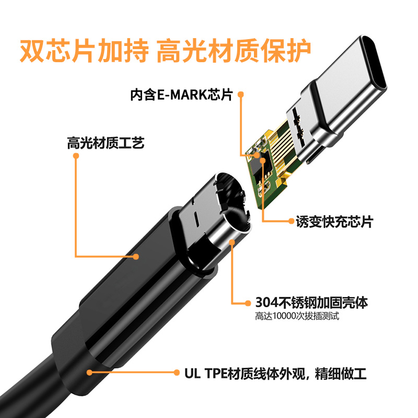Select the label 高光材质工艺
[105, 143]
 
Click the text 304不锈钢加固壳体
[312, 302]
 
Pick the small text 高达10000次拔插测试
[294, 316]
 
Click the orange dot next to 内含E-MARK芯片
[241, 95]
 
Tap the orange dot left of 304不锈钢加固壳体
[248, 302]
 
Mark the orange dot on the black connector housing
[136, 256]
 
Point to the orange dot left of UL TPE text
[176, 373]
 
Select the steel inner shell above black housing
[219, 225]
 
